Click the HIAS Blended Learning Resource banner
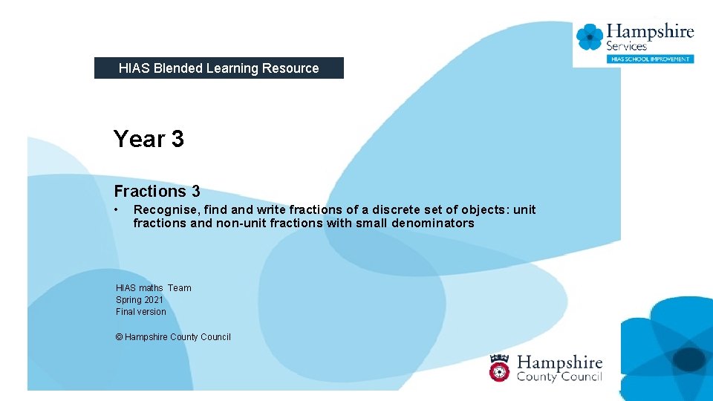218,68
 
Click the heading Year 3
149,139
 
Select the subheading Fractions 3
157,192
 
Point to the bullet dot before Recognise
117,209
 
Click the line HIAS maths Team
153,288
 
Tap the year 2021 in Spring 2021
154,300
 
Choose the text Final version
141,312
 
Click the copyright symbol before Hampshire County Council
119,337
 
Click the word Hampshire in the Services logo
650,32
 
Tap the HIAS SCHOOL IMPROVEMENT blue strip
650,59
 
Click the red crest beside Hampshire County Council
500,368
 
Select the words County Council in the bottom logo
559,377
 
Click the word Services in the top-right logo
627,46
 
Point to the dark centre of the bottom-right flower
689,359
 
